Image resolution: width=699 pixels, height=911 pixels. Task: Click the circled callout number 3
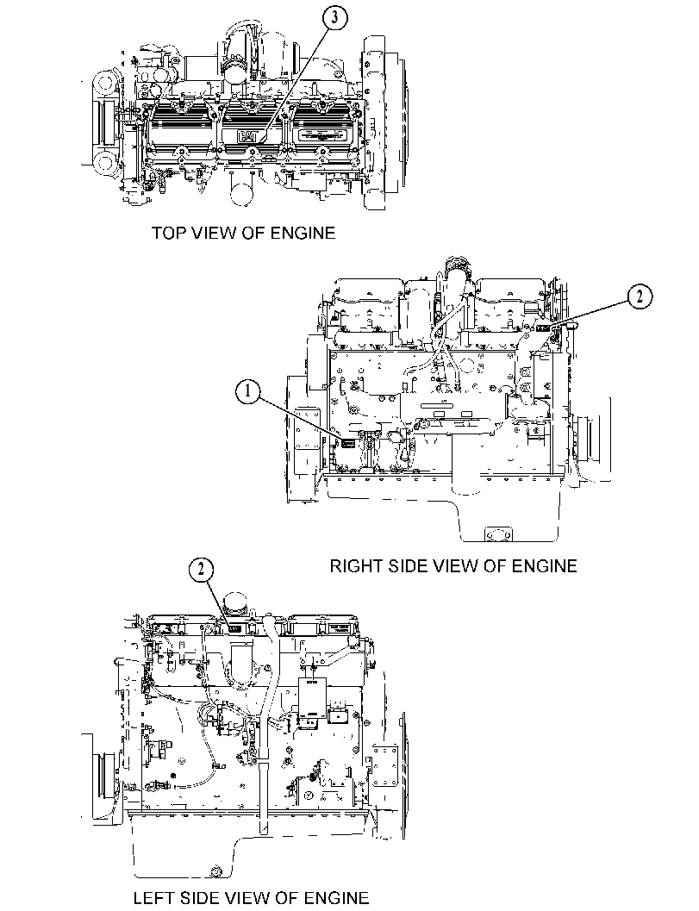334,18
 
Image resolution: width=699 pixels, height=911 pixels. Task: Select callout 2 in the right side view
640,296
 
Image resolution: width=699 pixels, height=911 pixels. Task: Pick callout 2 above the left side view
201,570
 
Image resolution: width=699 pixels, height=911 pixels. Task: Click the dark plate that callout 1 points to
347,443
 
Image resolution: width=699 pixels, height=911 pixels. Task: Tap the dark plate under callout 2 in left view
234,627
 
